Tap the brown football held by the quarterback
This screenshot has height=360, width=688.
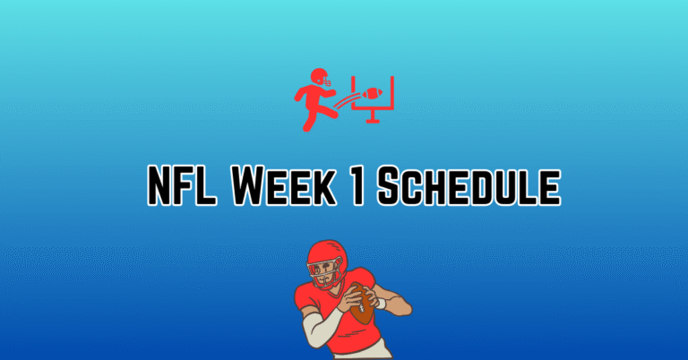point(364,304)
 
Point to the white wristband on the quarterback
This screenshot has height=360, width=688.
point(380,304)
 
